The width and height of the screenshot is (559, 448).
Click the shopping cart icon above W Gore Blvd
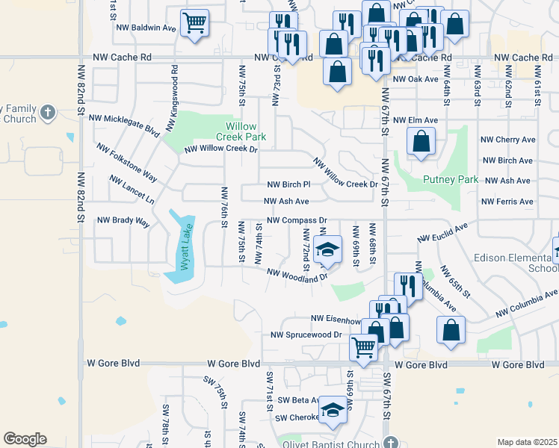click(x=363, y=346)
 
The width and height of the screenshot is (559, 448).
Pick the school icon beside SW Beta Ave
click(x=334, y=409)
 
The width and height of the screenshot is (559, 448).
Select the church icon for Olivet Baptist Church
click(x=388, y=442)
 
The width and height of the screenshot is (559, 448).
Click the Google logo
click(x=25, y=439)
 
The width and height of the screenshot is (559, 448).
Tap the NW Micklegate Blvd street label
click(x=125, y=124)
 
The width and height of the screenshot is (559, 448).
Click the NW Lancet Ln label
click(x=132, y=190)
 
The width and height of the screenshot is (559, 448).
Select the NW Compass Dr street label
click(x=297, y=220)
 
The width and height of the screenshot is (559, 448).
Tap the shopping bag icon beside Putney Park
click(x=421, y=142)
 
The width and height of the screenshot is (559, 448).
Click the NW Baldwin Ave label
click(x=146, y=28)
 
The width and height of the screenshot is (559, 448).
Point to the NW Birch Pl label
click(x=288, y=184)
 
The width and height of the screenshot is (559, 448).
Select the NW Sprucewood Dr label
click(x=306, y=335)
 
